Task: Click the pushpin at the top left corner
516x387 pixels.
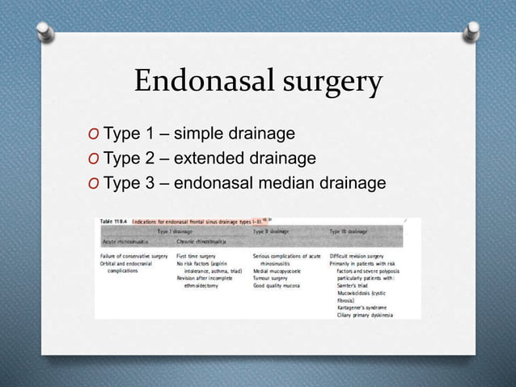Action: click(44, 32)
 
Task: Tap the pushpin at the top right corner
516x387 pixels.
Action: click(471, 32)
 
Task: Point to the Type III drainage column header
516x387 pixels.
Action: click(349, 230)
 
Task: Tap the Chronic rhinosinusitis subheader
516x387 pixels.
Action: click(202, 240)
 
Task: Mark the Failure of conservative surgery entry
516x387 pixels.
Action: click(132, 255)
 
